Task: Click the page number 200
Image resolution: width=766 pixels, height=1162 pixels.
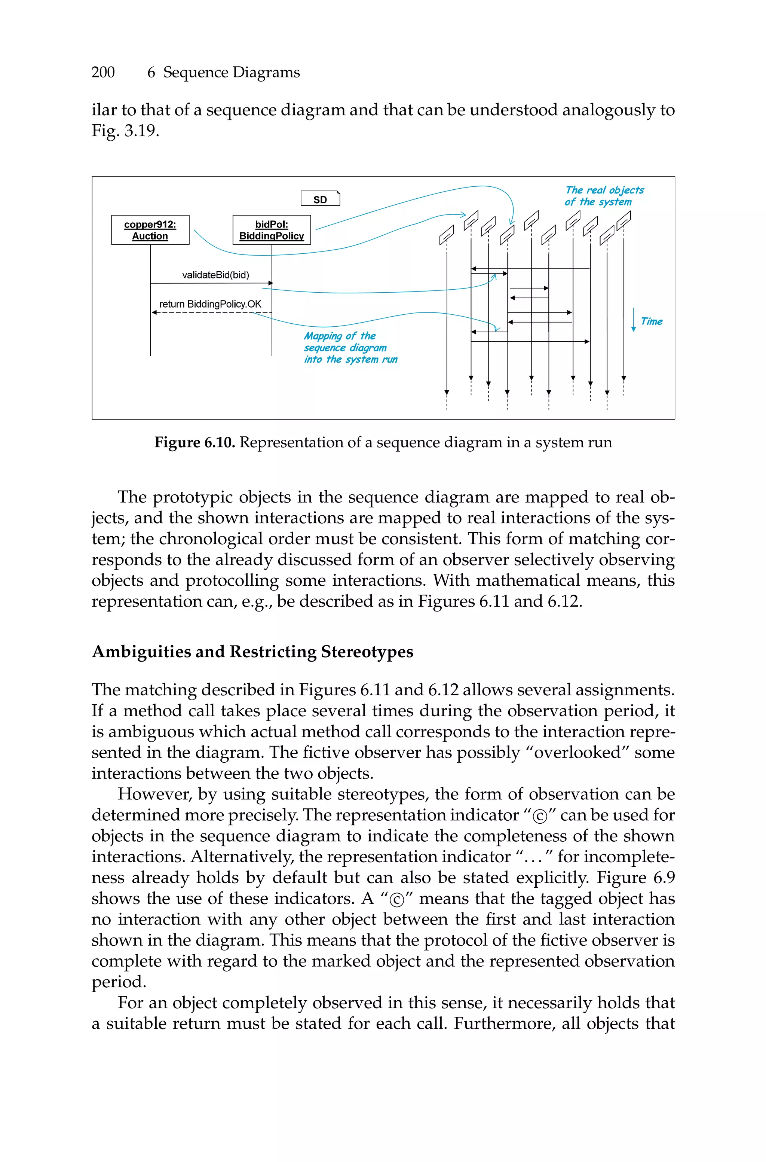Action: tap(103, 72)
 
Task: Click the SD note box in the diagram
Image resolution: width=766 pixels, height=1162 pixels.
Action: tap(320, 199)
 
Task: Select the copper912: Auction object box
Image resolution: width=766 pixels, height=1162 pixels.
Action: tap(150, 230)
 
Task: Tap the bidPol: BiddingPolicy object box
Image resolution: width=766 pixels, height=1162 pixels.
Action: tap(272, 230)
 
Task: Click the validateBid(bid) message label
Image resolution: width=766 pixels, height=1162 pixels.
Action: tap(215, 275)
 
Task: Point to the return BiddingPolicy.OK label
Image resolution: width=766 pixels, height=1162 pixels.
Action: tap(210, 304)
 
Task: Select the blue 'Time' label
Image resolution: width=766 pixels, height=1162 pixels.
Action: tap(651, 321)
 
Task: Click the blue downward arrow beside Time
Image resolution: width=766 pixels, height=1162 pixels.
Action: tap(633, 320)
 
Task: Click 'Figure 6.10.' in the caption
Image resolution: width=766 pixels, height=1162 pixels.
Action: tap(195, 442)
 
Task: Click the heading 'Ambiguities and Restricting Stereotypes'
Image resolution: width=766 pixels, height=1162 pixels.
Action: tap(252, 652)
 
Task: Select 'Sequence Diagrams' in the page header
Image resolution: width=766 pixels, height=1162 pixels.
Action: tap(231, 72)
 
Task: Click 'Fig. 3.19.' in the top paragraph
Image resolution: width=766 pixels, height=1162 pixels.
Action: tap(125, 131)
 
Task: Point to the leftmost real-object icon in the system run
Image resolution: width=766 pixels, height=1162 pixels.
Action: tap(447, 235)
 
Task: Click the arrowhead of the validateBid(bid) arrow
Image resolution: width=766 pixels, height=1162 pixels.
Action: tap(270, 283)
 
